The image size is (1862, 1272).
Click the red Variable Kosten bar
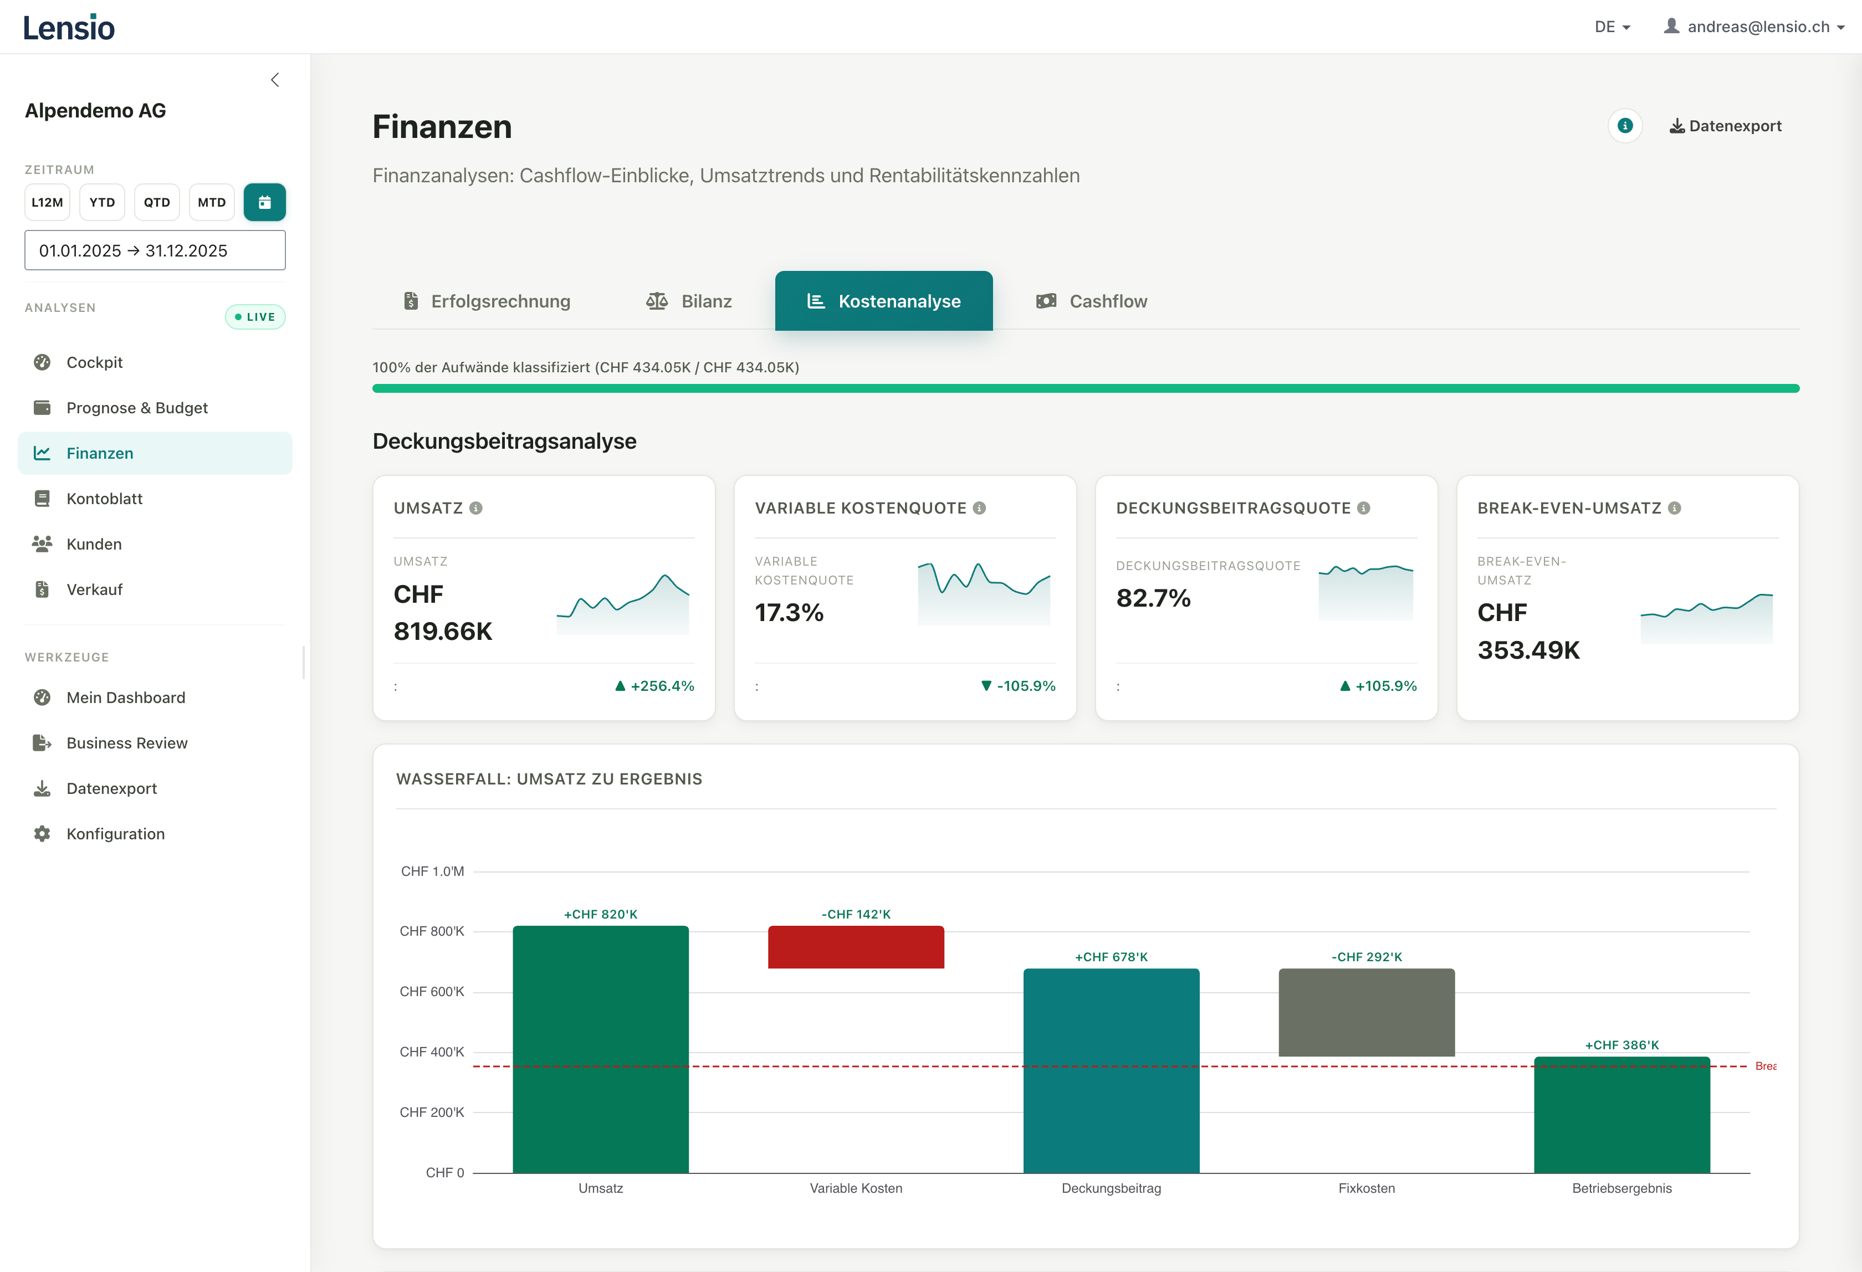coord(856,947)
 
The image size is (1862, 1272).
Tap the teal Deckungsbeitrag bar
coord(1111,1070)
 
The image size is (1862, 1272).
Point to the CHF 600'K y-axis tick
coord(432,992)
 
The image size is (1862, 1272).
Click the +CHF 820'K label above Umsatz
coord(600,914)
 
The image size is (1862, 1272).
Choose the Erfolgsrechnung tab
coord(487,301)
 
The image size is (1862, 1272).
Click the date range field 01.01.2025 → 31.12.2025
coord(155,251)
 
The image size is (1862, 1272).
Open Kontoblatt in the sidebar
coord(104,498)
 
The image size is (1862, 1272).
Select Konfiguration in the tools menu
coord(115,834)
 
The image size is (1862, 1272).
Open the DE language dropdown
coord(1611,27)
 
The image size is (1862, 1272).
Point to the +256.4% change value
coord(662,686)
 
